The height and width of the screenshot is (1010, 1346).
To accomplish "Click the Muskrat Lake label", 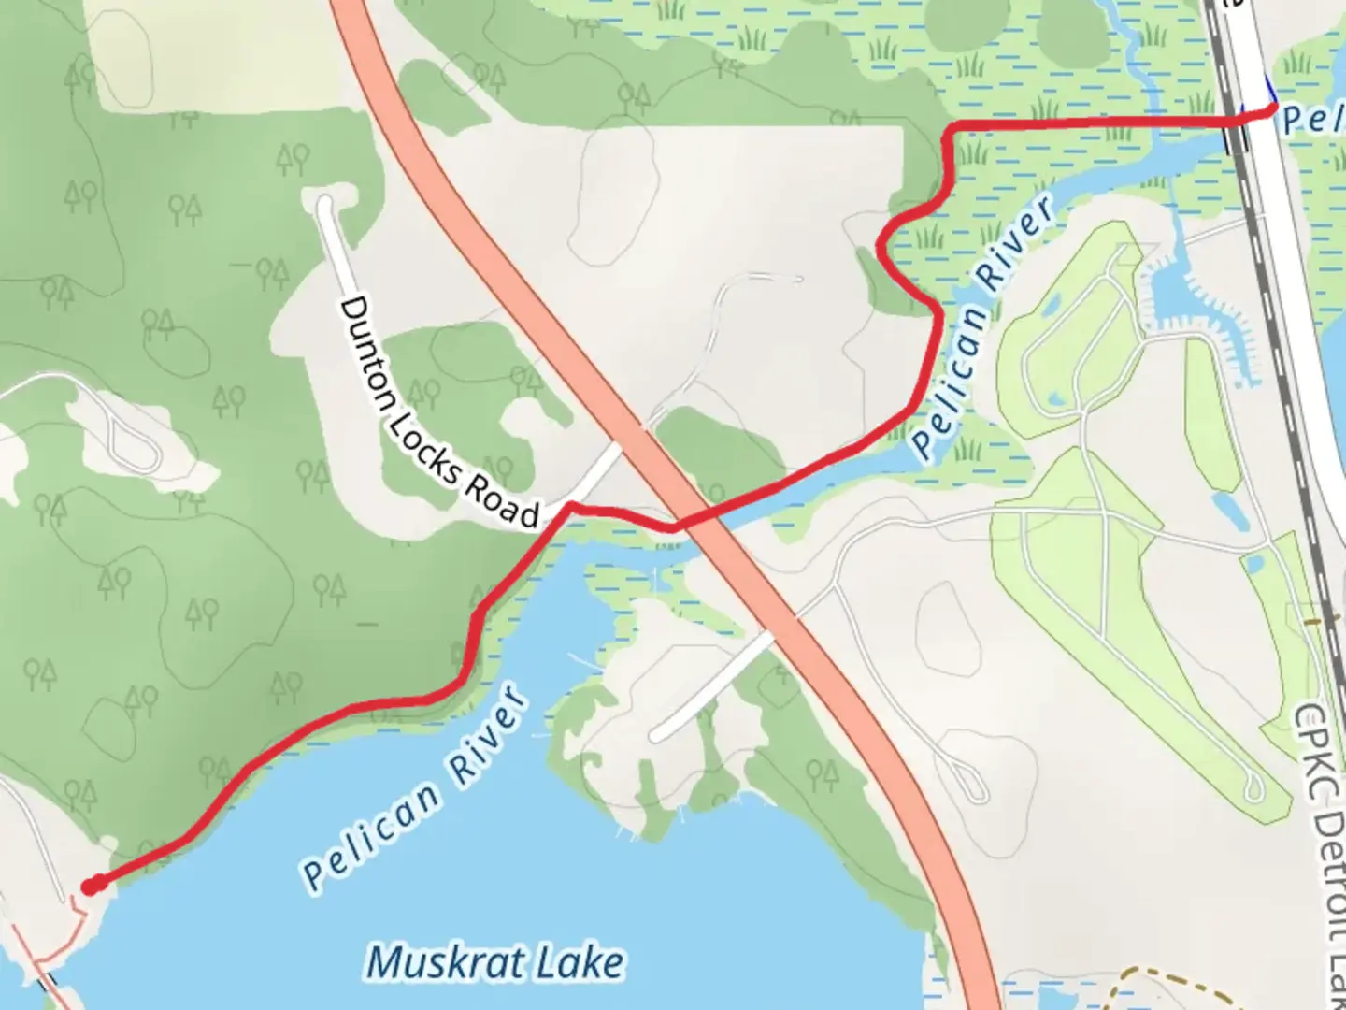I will tap(494, 962).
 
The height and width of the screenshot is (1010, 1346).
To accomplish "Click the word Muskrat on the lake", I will tap(440, 962).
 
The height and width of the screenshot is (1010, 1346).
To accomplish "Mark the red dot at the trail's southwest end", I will tap(90, 886).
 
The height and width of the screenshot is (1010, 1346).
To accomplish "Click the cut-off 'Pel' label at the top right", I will tap(1312, 120).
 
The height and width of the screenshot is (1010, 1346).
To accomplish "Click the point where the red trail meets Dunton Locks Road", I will tap(568, 506).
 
